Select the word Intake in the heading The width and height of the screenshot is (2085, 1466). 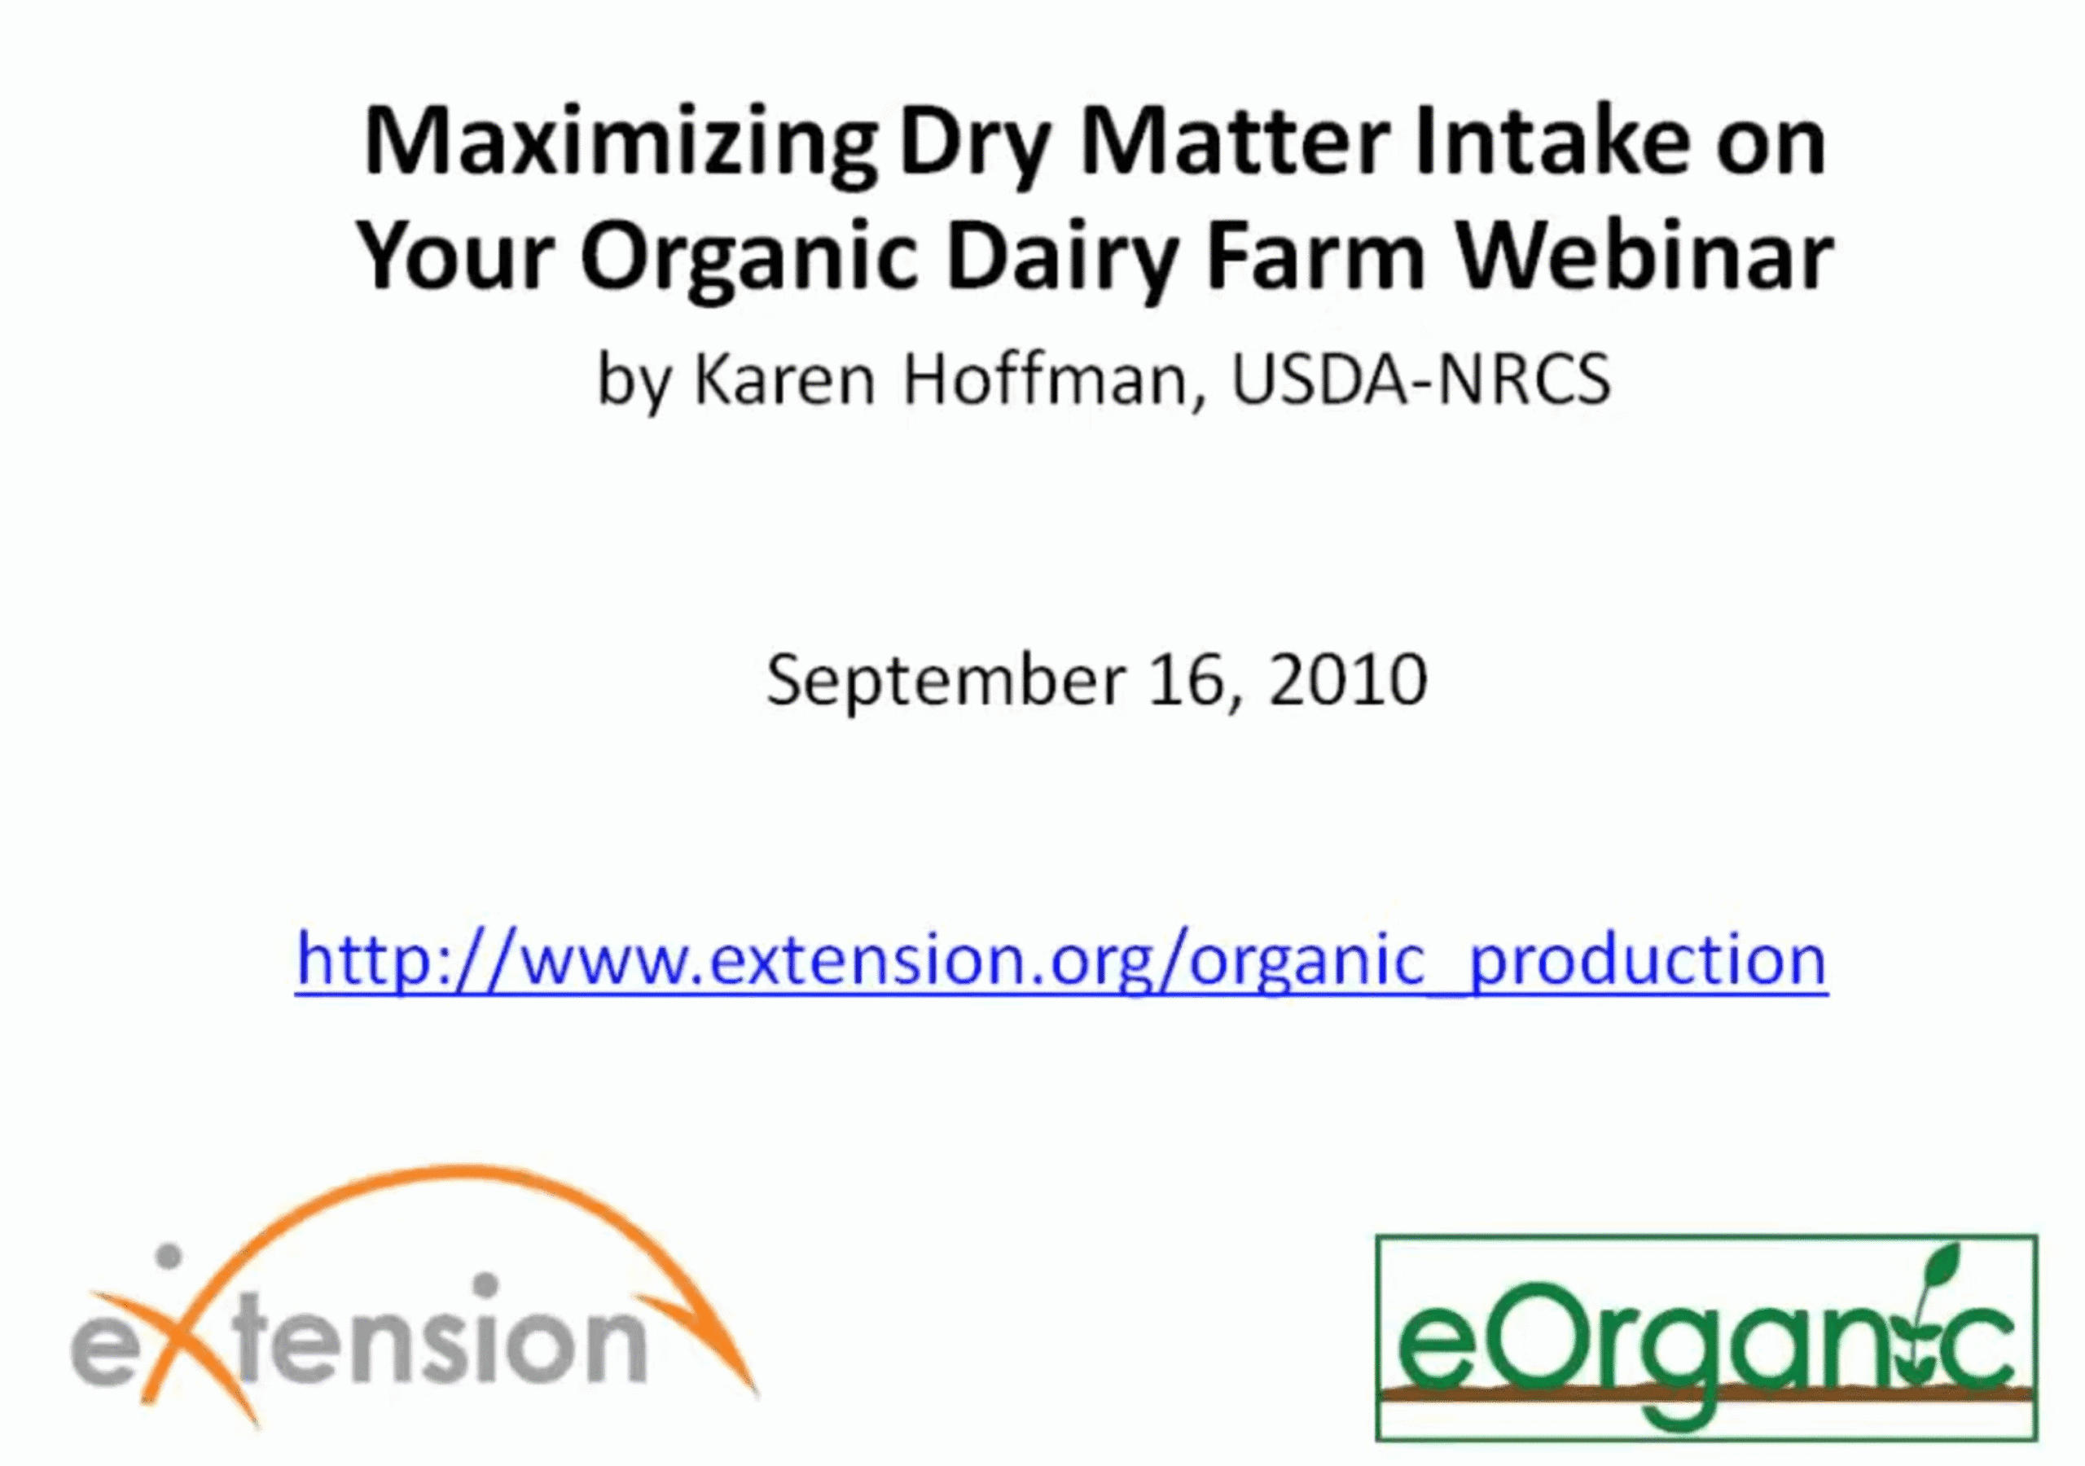pos(1551,141)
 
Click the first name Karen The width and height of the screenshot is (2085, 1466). pos(784,380)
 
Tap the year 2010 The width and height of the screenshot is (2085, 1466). pos(1348,679)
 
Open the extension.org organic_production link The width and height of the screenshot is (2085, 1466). pos(1061,960)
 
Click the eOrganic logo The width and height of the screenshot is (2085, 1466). pos(1706,1338)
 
